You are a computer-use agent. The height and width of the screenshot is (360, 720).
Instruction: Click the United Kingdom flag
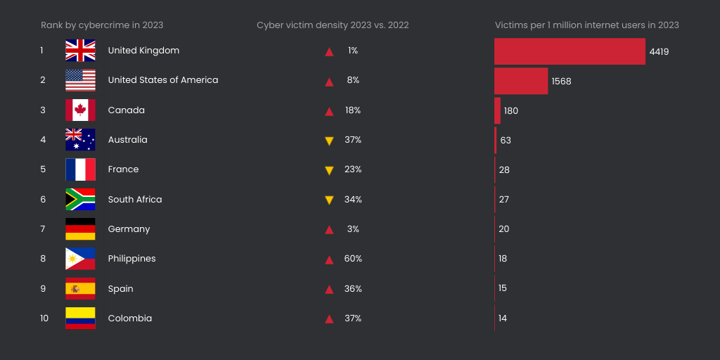(x=80, y=51)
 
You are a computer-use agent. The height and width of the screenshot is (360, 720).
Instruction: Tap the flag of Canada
(x=80, y=110)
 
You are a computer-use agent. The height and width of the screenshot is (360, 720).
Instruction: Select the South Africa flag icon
(x=80, y=200)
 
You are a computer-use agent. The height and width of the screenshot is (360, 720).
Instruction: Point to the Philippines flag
(x=80, y=259)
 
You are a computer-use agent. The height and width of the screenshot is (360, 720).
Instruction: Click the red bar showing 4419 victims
(x=570, y=51)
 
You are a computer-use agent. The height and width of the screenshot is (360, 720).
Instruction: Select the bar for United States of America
(x=520, y=81)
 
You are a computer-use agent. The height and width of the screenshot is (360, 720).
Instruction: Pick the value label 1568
(x=561, y=82)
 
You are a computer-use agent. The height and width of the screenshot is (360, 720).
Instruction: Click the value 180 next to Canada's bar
(x=510, y=111)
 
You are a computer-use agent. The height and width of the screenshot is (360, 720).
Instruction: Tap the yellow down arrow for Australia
(x=328, y=141)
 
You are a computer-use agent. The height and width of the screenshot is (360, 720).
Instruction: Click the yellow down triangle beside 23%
(x=328, y=170)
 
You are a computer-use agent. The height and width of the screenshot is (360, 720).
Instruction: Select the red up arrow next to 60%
(x=328, y=259)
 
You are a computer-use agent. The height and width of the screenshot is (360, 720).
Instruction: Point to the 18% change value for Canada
(x=353, y=110)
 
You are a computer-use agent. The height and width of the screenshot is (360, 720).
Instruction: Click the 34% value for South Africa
(x=353, y=200)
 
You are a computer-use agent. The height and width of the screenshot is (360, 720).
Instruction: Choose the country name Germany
(x=129, y=229)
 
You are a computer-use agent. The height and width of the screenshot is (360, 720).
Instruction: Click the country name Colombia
(x=129, y=319)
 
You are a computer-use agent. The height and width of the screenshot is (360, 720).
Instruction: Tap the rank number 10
(x=44, y=319)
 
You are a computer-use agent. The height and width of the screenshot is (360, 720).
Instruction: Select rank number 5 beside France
(x=43, y=169)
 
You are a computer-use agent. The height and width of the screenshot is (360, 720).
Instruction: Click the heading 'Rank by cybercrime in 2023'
(x=102, y=25)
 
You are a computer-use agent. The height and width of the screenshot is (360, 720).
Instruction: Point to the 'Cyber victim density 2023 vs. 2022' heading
(x=333, y=25)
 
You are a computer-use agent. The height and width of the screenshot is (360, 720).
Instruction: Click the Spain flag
(x=80, y=289)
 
